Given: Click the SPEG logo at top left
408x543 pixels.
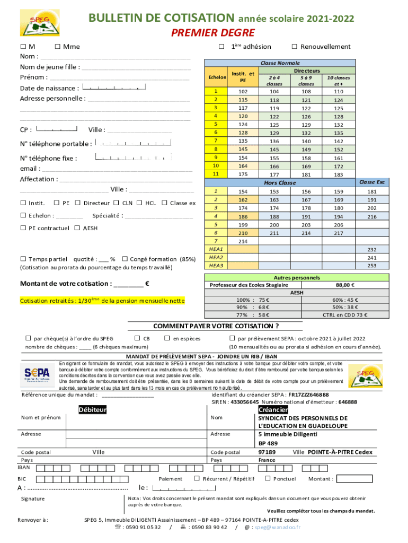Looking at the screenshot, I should (36, 23).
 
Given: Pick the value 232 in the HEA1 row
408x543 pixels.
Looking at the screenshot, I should (371, 249).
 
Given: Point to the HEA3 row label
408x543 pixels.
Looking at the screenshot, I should (216, 265).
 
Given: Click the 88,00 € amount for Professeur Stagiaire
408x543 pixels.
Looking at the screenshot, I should (345, 285).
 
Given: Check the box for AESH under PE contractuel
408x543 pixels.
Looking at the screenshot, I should (77, 228).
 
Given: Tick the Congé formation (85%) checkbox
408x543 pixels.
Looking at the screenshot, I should (125, 259).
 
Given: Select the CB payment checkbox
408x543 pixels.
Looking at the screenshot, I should (137, 338).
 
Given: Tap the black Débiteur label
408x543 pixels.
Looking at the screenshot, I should (93, 409).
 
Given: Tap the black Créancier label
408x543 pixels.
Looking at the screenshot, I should (273, 410).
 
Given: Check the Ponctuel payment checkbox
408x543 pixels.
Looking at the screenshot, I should (268, 478).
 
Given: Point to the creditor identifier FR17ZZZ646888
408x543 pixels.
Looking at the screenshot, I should (308, 395).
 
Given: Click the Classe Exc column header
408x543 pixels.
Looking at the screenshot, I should (372, 182).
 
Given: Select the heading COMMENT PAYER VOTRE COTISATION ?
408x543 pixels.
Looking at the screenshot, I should (216, 326).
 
